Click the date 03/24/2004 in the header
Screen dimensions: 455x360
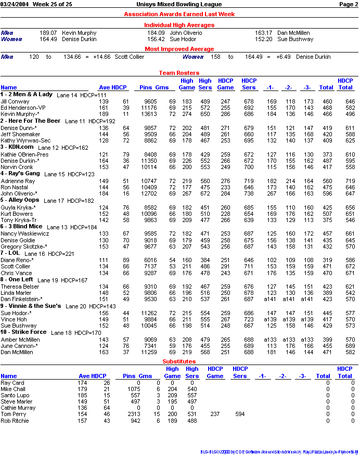(x=14, y=4)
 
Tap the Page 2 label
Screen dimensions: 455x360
(x=348, y=4)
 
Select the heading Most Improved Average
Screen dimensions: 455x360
(x=179, y=49)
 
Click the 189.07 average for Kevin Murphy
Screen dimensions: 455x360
(x=48, y=33)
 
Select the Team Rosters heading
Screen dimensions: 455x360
(x=179, y=73)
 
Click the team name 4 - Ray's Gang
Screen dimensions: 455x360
(x=20, y=173)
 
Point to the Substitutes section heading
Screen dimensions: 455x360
(x=179, y=361)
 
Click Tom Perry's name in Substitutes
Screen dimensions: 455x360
(x=13, y=414)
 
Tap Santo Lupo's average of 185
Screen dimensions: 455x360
(x=83, y=395)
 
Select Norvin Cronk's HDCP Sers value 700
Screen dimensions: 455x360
(x=249, y=167)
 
